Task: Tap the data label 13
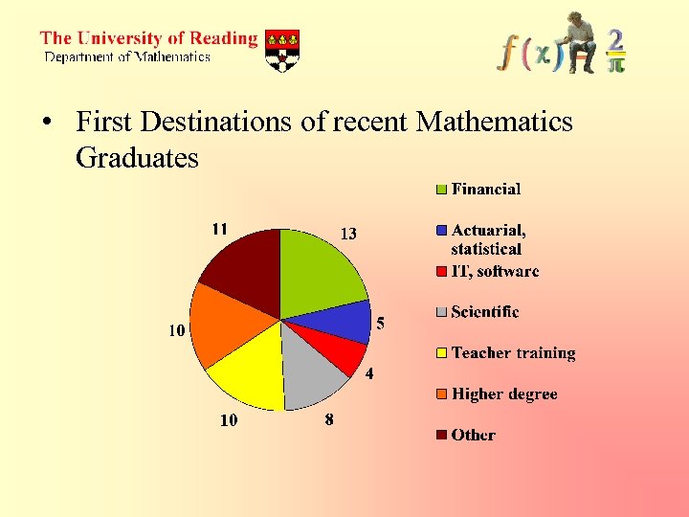click(x=348, y=234)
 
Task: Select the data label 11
click(x=219, y=229)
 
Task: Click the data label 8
click(x=329, y=419)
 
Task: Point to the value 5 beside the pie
click(x=380, y=325)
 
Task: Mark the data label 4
click(x=368, y=373)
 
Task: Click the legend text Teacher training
click(x=513, y=353)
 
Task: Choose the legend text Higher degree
click(x=503, y=394)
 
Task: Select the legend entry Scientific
click(x=484, y=312)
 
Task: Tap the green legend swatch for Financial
click(x=441, y=190)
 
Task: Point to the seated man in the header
click(x=578, y=43)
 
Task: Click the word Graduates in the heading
click(x=137, y=157)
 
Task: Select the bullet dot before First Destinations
click(x=44, y=124)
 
